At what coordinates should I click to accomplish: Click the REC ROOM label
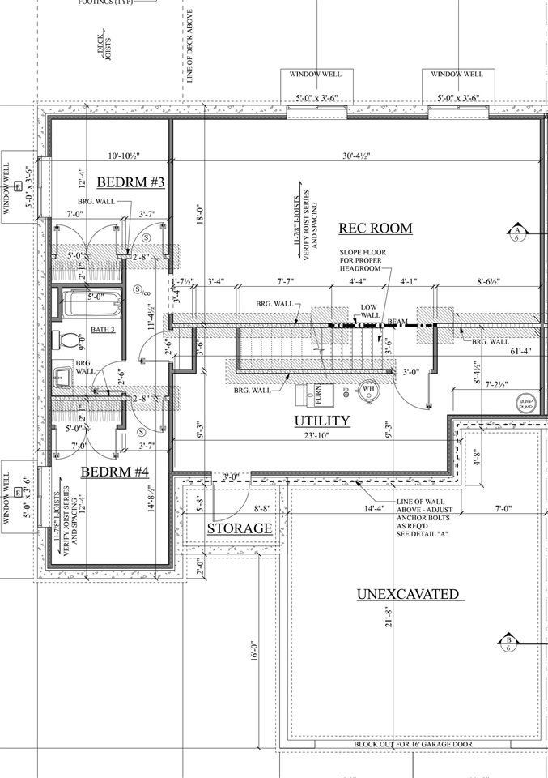click(x=375, y=229)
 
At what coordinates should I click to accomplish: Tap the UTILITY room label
click(x=321, y=421)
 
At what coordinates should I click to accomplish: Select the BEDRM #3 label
click(x=130, y=182)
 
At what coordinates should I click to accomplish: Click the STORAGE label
click(x=239, y=528)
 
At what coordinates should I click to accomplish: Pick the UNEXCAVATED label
click(x=409, y=595)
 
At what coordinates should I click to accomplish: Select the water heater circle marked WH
click(x=367, y=389)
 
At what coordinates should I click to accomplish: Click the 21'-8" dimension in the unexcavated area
click(x=390, y=617)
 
